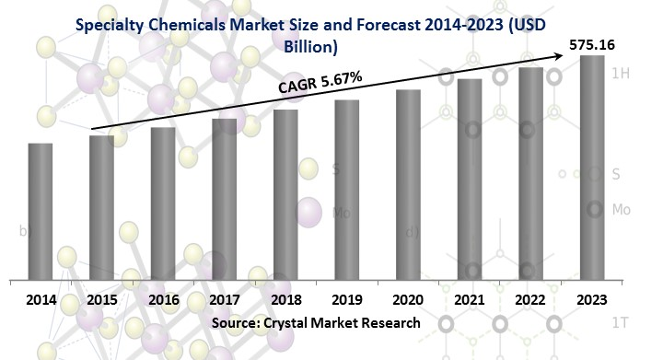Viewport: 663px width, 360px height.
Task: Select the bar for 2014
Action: tap(41, 211)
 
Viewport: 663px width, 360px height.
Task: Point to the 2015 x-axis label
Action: tap(102, 299)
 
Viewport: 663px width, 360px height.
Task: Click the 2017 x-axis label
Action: tap(224, 299)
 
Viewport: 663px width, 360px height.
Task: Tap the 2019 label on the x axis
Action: tap(346, 299)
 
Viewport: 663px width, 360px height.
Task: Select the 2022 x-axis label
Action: tap(530, 299)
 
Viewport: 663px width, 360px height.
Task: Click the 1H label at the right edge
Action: tap(621, 75)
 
